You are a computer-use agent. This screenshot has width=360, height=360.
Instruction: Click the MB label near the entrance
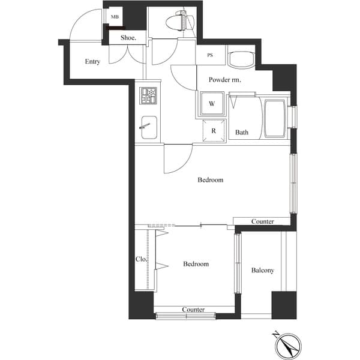click(115, 17)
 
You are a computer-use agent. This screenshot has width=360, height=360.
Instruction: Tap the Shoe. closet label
click(128, 38)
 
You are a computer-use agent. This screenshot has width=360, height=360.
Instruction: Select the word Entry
click(92, 62)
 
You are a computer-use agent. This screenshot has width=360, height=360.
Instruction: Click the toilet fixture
click(180, 22)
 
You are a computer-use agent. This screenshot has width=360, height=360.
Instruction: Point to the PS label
click(210, 55)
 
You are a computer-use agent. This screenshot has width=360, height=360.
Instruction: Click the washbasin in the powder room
click(241, 59)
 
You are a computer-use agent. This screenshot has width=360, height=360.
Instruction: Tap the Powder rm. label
click(225, 80)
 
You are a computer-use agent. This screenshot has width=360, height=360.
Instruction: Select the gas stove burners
click(148, 95)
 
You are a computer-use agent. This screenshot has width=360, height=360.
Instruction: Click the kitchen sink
click(149, 127)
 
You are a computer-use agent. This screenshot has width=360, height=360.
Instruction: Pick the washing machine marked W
click(212, 103)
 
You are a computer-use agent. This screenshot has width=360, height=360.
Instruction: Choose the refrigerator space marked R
click(214, 131)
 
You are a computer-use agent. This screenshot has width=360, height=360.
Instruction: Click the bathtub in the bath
click(275, 119)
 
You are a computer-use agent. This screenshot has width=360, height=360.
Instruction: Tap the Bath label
click(242, 132)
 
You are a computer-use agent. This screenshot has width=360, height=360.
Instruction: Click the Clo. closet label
click(141, 259)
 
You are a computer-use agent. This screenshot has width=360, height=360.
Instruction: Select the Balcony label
click(263, 270)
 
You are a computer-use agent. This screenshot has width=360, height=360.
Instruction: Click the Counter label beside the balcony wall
click(263, 221)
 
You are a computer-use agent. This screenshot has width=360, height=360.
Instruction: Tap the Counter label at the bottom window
click(193, 310)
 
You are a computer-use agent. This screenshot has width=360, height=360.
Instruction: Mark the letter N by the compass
click(276, 335)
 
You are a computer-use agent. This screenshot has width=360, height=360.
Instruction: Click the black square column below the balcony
click(284, 305)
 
